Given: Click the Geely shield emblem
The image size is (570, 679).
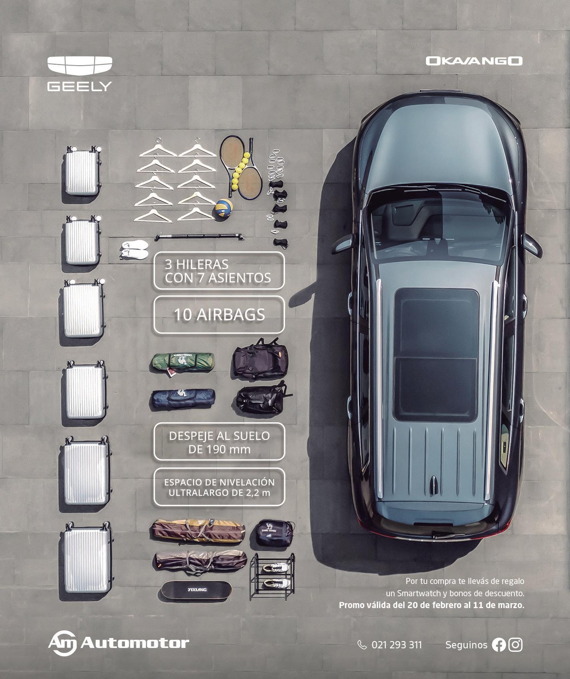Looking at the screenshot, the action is coord(80,65).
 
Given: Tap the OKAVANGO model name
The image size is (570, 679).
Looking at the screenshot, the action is coord(474,61).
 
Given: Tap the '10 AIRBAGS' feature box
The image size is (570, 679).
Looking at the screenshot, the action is coord(219,315).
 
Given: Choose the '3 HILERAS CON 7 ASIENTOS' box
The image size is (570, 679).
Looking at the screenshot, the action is coord(219,271).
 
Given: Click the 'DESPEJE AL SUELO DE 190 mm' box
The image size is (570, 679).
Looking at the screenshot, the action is coord(219,442).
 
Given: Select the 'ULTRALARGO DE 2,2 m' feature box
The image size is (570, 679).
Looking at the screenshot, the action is coord(219,487).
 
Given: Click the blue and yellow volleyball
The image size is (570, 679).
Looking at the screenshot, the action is coord(224,208).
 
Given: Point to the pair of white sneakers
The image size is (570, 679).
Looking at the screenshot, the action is coord(134,249).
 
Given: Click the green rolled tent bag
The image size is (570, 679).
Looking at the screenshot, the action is coord(182,361).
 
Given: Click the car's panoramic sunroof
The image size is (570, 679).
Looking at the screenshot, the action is coord(436,355).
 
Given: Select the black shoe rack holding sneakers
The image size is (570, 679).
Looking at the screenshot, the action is coord(272,576).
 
